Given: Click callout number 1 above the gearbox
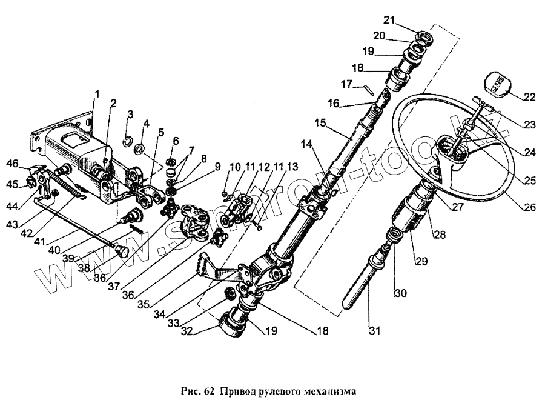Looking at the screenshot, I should [x=96, y=94].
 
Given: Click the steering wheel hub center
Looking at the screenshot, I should [x=453, y=150].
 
